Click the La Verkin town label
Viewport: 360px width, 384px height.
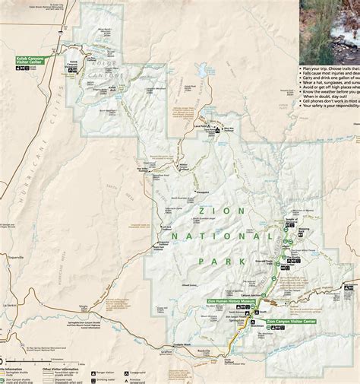click(x=9, y=304)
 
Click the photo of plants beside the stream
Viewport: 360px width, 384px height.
click(x=329, y=30)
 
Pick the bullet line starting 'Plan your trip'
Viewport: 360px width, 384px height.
click(x=329, y=68)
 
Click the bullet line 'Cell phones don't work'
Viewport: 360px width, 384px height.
click(x=329, y=100)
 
